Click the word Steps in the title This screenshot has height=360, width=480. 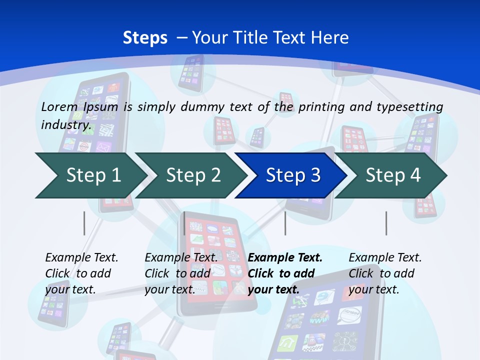click(145, 37)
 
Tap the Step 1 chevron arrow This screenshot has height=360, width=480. click(90, 175)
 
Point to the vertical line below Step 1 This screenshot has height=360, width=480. click(84, 223)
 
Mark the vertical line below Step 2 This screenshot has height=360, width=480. click(184, 223)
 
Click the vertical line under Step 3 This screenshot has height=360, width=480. click(285, 223)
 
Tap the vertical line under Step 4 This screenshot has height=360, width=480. click(386, 223)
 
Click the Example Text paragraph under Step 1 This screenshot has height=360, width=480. click(81, 273)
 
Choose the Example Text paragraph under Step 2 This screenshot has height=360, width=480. click(181, 273)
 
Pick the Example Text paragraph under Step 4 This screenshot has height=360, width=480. click(385, 273)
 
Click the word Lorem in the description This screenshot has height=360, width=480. click(59, 106)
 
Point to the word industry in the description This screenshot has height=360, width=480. click(66, 124)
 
